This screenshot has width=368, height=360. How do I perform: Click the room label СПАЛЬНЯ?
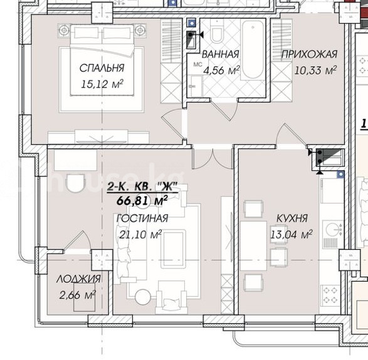tap(102, 68)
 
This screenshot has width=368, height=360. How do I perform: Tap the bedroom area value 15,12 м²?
tap(102, 84)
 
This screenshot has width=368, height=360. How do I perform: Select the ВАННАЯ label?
tap(221, 54)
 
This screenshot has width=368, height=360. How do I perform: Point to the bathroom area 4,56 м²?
tap(221, 70)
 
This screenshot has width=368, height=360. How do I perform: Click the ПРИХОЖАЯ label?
tap(309, 54)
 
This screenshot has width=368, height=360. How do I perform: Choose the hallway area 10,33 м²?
tap(315, 70)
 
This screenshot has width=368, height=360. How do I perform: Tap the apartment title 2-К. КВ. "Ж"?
tap(142, 187)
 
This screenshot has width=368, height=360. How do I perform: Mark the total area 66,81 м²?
tap(142, 200)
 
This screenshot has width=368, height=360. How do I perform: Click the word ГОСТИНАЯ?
tap(142, 219)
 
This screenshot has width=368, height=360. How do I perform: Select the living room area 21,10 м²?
tap(140, 234)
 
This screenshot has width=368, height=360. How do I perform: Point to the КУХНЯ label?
tap(292, 219)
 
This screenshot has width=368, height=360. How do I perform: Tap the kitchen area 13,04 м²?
tap(292, 234)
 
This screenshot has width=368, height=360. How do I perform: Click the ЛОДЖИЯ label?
tap(78, 279)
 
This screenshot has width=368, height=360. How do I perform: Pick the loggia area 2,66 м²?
tap(77, 295)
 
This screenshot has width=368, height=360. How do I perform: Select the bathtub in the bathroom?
tap(253, 50)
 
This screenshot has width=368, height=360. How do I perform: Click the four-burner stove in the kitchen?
tap(331, 295)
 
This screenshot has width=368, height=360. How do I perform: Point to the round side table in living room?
tap(142, 297)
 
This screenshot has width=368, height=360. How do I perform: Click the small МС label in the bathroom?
tap(197, 64)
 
